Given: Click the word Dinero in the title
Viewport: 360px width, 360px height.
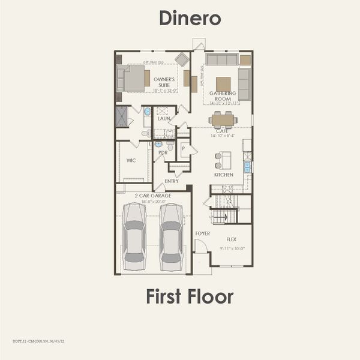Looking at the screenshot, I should click(190, 18).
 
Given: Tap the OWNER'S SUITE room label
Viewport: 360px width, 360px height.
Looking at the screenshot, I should click(164, 82).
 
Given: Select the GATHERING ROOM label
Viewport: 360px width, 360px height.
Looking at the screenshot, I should click(223, 96).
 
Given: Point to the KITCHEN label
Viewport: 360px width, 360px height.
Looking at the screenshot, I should click(223, 175).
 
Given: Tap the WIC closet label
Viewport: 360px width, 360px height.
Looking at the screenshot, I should click(131, 160).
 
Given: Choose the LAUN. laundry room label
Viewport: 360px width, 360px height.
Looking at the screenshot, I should click(164, 119).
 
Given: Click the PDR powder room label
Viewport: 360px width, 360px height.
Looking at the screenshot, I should click(162, 152).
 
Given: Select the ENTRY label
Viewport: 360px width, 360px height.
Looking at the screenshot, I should click(171, 181).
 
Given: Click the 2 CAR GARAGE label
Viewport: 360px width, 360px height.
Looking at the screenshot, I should click(152, 196).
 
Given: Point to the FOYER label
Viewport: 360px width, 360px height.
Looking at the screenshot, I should click(202, 233).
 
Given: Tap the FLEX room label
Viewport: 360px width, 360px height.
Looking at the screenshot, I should click(231, 238).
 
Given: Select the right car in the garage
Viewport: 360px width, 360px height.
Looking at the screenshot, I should click(171, 236).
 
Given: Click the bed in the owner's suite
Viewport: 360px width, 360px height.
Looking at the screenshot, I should click(134, 78).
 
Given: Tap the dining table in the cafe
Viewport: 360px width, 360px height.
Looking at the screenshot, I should click(223, 120).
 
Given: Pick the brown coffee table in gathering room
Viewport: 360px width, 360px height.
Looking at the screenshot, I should click(223, 83).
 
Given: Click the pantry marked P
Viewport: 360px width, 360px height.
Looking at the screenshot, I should click(184, 148).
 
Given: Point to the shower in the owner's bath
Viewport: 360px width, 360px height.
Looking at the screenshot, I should click(122, 116).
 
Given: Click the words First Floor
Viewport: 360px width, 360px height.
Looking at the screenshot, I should click(190, 296).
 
